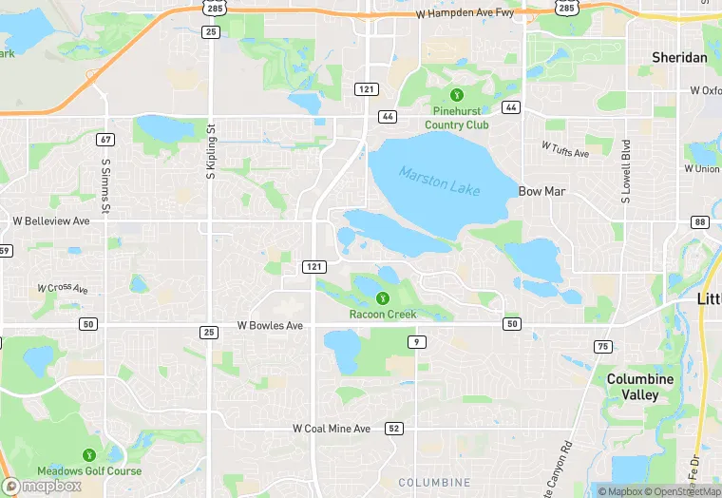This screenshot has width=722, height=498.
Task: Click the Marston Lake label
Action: coord(440,181)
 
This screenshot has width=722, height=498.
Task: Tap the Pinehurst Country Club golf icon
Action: coord(457,95)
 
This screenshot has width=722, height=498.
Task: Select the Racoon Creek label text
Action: coord(383,315)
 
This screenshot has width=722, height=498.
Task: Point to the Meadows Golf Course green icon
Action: coord(89,455)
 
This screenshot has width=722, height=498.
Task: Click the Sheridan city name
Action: coord(679,58)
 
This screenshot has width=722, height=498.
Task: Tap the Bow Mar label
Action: coord(542,191)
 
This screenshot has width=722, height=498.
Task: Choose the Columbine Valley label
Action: coord(640,387)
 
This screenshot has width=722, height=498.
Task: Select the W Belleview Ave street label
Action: coord(51,220)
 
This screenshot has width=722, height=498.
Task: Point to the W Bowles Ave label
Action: coord(270,326)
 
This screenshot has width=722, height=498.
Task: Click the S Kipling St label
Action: coord(212,151)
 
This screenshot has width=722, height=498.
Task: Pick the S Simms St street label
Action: coord(105,185)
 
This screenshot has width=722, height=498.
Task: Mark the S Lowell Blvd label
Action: coord(626,173)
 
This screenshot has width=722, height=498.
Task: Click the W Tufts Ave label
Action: coord(564,149)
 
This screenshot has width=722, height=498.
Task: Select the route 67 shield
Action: coord(105,140)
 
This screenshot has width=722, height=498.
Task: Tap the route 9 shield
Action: coord(416,341)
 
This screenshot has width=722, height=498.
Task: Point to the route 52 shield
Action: coord(393,430)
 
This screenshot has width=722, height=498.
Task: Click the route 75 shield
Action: coord(602,346)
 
